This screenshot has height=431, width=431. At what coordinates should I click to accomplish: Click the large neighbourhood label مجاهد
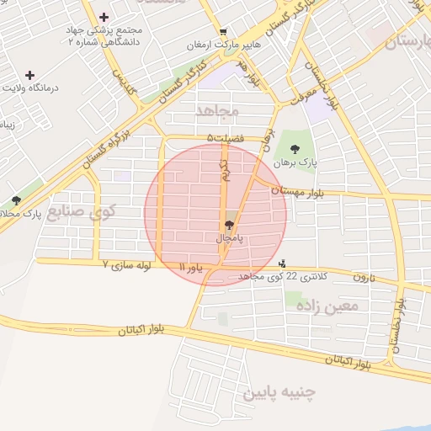click(218, 111)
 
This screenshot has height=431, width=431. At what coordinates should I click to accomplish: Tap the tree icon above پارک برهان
click(293, 150)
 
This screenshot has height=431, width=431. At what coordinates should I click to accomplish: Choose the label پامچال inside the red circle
click(230, 238)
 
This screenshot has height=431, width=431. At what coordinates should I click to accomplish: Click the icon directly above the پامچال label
click(230, 224)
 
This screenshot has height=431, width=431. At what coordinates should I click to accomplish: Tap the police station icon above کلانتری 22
click(282, 263)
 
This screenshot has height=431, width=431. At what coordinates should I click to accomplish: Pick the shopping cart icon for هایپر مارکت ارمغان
click(221, 32)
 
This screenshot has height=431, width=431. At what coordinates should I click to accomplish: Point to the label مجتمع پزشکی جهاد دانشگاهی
click(104, 35)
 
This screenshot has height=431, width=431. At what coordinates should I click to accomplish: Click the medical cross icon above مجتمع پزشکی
click(104, 17)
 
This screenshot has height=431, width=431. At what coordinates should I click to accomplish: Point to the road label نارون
click(361, 277)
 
